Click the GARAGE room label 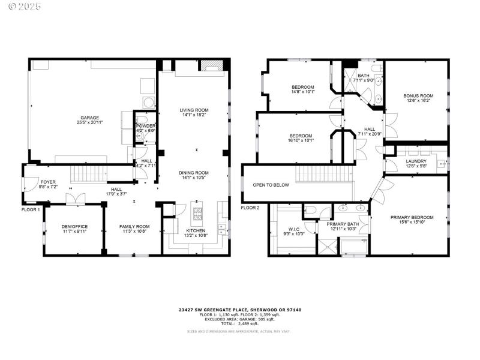click(90, 118)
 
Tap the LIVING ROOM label click(194, 110)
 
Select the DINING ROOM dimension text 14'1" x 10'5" click(194, 178)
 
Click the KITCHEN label click(196, 230)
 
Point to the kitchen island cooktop click(198, 211)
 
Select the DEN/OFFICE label click(75, 226)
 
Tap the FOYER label click(48, 181)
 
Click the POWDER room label click(145, 125)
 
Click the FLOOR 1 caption click(30, 209)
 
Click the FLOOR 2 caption click(250, 208)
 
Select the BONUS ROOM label click(418, 95)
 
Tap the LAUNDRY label click(416, 161)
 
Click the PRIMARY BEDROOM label click(412, 217)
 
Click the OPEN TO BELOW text click(271, 185)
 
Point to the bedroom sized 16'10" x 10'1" click(301, 139)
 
